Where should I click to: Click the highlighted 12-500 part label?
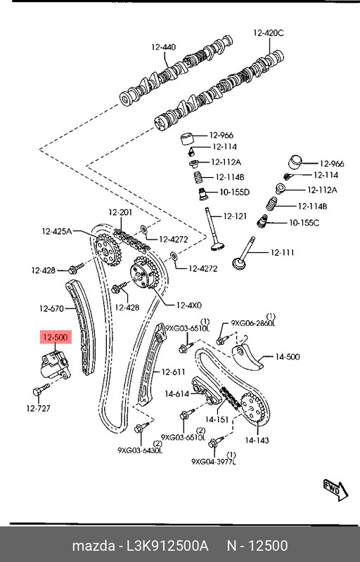(x=56, y=337)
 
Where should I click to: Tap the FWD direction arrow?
(x=335, y=489)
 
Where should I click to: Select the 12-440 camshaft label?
(x=164, y=47)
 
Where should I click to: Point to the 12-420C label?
(x=268, y=33)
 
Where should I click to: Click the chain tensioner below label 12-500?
(x=55, y=365)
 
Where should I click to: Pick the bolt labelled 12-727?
(x=41, y=390)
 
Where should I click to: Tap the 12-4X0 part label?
(x=189, y=306)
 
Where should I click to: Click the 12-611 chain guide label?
(x=173, y=372)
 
